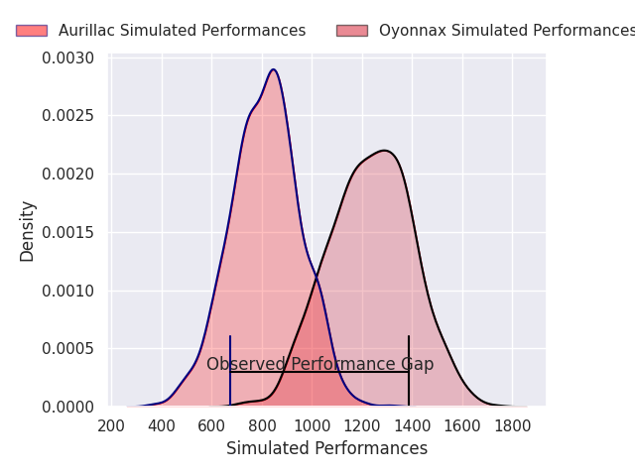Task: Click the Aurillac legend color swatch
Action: (32, 31)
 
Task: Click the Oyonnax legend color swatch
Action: (352, 31)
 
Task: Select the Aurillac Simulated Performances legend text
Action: (183, 31)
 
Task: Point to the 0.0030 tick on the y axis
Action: (68, 58)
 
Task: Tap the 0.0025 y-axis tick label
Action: (68, 116)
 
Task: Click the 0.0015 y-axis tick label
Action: (68, 233)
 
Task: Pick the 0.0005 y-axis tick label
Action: (68, 348)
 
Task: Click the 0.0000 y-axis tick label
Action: (68, 407)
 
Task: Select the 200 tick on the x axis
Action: (111, 426)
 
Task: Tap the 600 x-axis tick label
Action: (211, 426)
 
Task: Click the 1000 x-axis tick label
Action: (312, 426)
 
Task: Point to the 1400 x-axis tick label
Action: (413, 426)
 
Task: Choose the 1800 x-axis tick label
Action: (512, 426)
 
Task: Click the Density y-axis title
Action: (27, 232)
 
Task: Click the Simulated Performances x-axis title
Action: (326, 448)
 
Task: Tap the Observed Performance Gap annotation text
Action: (319, 364)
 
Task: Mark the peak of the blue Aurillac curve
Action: (274, 69)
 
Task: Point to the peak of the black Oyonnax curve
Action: (384, 151)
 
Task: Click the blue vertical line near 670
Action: (230, 370)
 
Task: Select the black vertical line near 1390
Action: (409, 370)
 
